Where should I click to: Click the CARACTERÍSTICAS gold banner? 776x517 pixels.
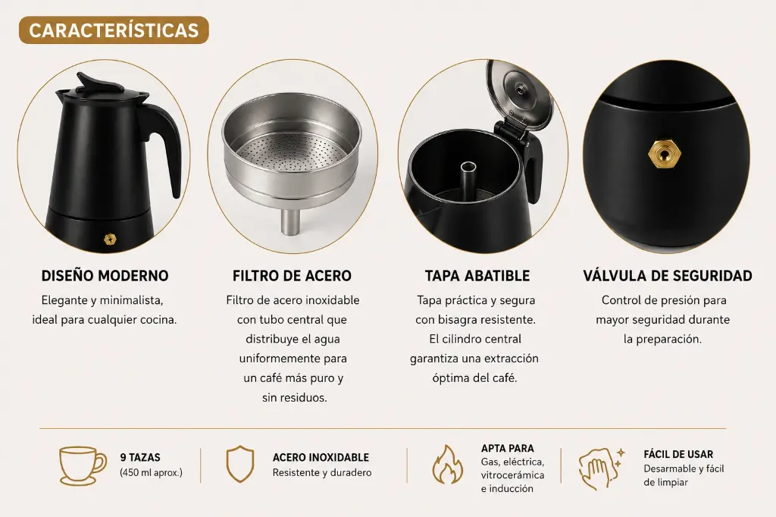pyautogui.click(x=114, y=30)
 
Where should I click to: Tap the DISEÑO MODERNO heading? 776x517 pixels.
pyautogui.click(x=105, y=276)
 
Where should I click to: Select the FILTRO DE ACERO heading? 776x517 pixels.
pyautogui.click(x=292, y=276)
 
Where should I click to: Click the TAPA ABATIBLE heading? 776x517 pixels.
pyautogui.click(x=477, y=276)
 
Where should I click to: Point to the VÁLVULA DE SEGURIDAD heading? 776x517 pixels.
pyautogui.click(x=668, y=276)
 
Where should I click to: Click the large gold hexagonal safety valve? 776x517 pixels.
pyautogui.click(x=665, y=155)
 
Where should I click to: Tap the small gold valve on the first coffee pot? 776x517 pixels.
pyautogui.click(x=111, y=240)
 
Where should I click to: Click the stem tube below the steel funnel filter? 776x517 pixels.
pyautogui.click(x=289, y=222)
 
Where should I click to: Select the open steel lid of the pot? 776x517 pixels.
pyautogui.click(x=518, y=94)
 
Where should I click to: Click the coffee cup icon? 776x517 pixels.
pyautogui.click(x=82, y=466)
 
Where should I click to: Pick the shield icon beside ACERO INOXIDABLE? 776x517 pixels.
pyautogui.click(x=240, y=464)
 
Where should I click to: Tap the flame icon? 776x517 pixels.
pyautogui.click(x=447, y=465)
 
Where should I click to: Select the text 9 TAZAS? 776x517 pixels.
pyautogui.click(x=140, y=458)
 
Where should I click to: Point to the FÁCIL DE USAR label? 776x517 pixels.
pyautogui.click(x=678, y=455)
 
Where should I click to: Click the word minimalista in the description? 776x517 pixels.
pyautogui.click(x=131, y=301)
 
